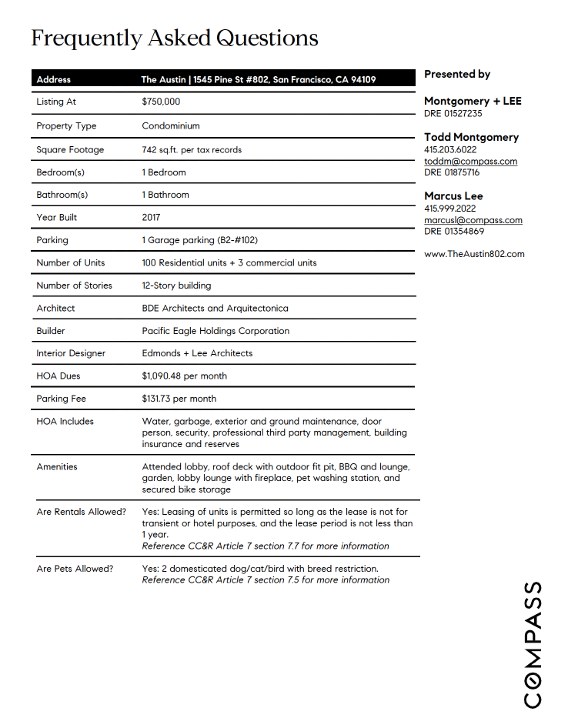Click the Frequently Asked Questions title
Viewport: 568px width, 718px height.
point(175,38)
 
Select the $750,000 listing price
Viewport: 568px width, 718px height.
point(161,102)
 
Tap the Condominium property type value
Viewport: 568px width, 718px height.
point(171,125)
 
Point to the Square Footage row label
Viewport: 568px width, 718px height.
point(70,149)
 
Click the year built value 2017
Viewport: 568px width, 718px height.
point(151,217)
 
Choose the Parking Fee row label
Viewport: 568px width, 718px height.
point(62,399)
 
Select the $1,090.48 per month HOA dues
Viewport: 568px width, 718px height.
point(184,376)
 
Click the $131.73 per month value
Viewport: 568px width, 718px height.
point(179,399)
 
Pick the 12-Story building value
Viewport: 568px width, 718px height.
point(176,286)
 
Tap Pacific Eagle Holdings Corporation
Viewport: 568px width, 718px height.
point(216,331)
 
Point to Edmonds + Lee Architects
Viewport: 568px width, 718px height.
point(197,353)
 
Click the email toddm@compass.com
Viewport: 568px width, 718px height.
point(470,162)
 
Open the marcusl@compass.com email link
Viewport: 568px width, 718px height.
point(473,220)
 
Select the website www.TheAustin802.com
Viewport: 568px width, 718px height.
point(474,254)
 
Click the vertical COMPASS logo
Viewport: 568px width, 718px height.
point(533,644)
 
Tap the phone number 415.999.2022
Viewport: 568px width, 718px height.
point(449,209)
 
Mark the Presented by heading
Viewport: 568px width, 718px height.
point(457,75)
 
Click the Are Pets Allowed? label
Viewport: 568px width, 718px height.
point(75,569)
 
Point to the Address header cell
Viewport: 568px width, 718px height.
point(54,79)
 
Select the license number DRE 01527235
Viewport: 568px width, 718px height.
point(453,113)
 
